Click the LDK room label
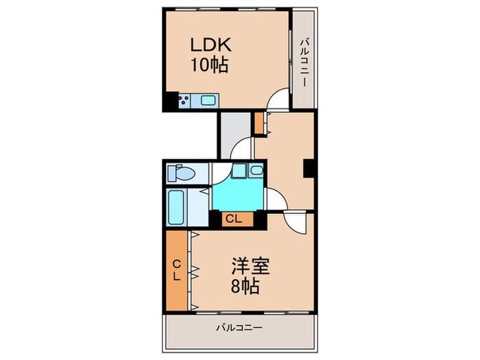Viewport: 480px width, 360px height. [211, 45]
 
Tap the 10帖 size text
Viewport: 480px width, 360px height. [210, 65]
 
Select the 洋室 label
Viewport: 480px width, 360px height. [250, 266]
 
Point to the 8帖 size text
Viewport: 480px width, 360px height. [245, 286]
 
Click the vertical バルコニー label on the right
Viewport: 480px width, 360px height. [303, 63]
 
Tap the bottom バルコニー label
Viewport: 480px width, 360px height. [240, 328]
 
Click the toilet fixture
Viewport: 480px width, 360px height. [181, 173]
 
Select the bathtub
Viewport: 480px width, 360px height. [176, 208]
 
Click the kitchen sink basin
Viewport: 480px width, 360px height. [207, 100]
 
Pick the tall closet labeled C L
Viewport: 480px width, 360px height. [177, 270]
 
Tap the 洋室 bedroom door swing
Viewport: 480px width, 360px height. [294, 222]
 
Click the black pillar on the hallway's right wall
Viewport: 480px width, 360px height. [309, 169]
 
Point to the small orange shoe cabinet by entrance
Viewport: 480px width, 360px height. [259, 123]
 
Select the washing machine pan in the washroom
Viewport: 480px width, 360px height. [239, 171]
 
